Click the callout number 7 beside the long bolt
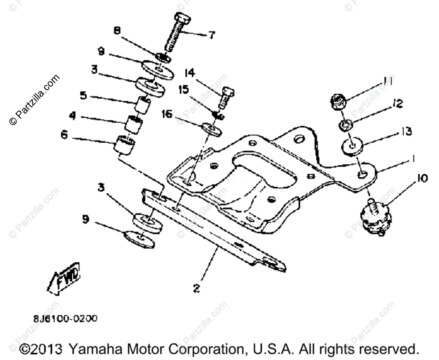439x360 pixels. click(x=211, y=35)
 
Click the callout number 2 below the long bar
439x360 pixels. click(x=196, y=288)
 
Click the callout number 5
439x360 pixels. click(x=83, y=96)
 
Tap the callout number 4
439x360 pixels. click(x=72, y=116)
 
